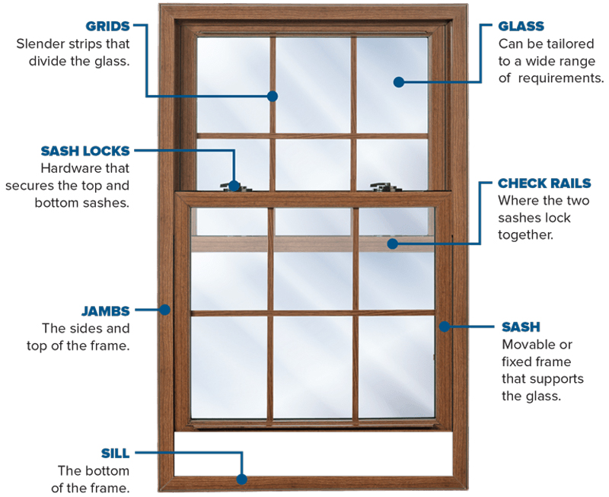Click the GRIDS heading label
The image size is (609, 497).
(106, 25)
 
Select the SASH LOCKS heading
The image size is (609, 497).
(85, 151)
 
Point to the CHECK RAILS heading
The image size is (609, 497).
(544, 183)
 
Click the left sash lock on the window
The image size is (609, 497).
(233, 185)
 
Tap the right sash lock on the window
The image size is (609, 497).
(379, 185)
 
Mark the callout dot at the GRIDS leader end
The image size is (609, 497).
(273, 96)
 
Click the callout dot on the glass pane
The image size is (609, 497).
(397, 81)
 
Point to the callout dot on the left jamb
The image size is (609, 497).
(164, 310)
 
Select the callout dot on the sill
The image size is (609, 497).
(241, 479)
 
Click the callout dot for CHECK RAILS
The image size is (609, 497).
(391, 244)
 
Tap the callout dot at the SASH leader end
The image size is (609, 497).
(444, 327)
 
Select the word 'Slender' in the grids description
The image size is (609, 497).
(42, 44)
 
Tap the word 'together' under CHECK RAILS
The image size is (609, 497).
(525, 235)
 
